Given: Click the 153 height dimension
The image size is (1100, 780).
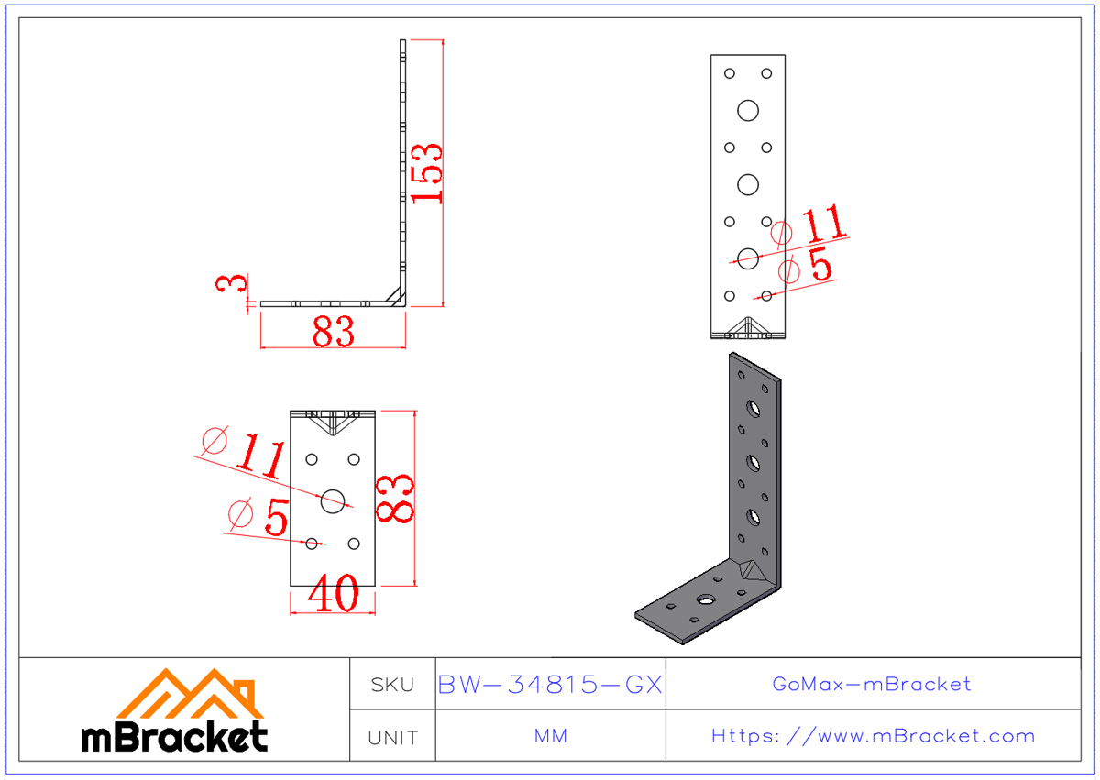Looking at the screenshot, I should pos(427,173).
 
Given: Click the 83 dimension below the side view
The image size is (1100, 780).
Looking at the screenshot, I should pos(333,332).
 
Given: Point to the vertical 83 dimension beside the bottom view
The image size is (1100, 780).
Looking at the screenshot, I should pos(397,499).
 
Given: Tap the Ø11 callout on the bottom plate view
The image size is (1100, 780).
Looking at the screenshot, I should pos(243,453).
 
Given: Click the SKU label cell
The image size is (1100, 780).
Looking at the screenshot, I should pos(392,684).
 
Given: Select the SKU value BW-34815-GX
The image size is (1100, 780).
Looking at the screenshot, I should pos(550,684).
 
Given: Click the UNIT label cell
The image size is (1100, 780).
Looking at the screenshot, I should pos(392,737).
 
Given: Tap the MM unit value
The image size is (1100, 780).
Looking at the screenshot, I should pos(550,737).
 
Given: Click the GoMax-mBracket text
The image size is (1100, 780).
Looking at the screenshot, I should pos(872,684).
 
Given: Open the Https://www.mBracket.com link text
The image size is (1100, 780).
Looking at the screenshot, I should pos(872,736).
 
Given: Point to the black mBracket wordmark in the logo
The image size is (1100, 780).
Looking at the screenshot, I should pos(175,736).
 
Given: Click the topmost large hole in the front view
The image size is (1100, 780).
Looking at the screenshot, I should pos(748,111).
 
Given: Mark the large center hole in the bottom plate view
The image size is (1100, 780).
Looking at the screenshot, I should pos(333,500).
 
